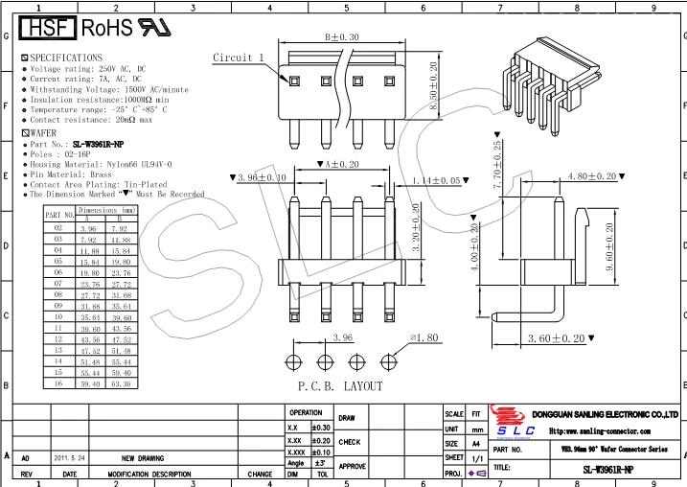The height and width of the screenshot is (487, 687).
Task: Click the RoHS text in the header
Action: point(106,27)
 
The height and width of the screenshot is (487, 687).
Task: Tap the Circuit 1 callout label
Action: point(239,58)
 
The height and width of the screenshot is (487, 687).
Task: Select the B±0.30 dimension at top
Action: point(342,36)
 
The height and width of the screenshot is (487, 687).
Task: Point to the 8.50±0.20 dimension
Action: point(433,86)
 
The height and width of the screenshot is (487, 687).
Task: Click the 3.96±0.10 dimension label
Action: point(258,178)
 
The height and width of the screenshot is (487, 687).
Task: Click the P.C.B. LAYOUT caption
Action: point(339,386)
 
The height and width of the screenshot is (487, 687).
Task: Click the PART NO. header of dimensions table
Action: point(59,215)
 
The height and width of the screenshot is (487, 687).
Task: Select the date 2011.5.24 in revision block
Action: point(69,458)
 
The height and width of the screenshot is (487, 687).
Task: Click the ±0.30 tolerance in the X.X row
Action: point(321,427)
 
